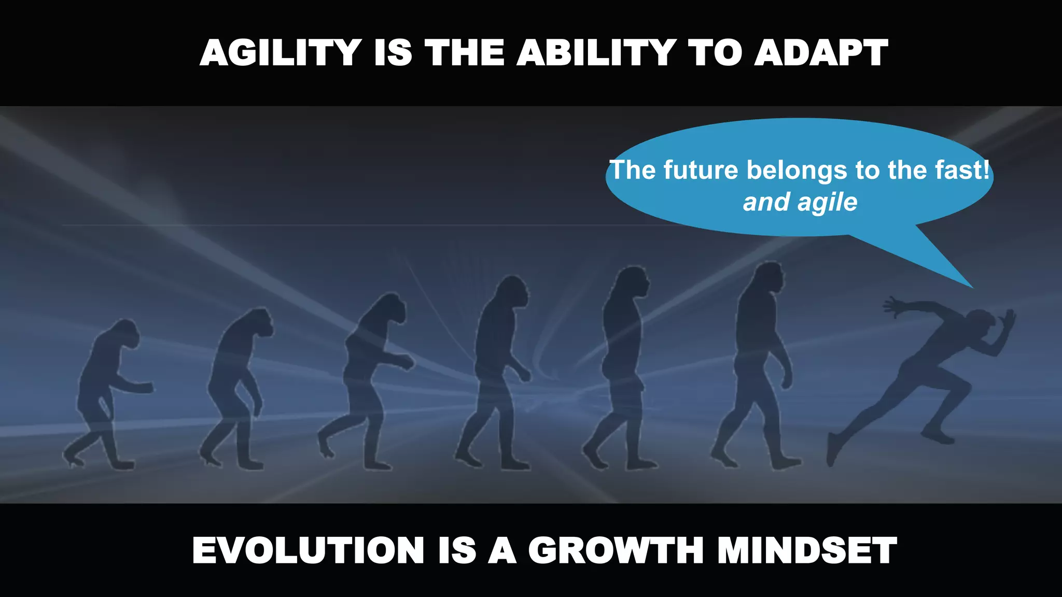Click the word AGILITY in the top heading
pyautogui.click(x=281, y=53)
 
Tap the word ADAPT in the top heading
pyautogui.click(x=821, y=53)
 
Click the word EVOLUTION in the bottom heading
pyautogui.click(x=308, y=550)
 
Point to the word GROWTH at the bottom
pyautogui.click(x=616, y=550)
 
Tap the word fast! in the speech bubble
pyautogui.click(x=962, y=170)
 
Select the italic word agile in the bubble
pyautogui.click(x=828, y=202)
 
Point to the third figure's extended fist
pyautogui.click(x=407, y=361)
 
